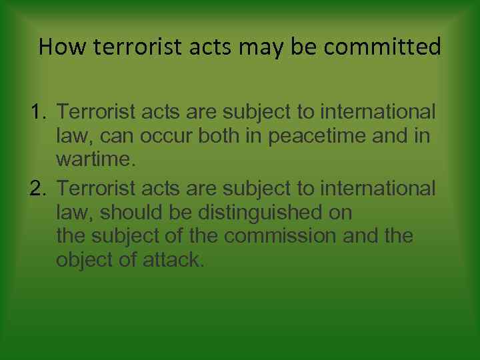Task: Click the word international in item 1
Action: (x=378, y=112)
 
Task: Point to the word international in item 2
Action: (x=378, y=189)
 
